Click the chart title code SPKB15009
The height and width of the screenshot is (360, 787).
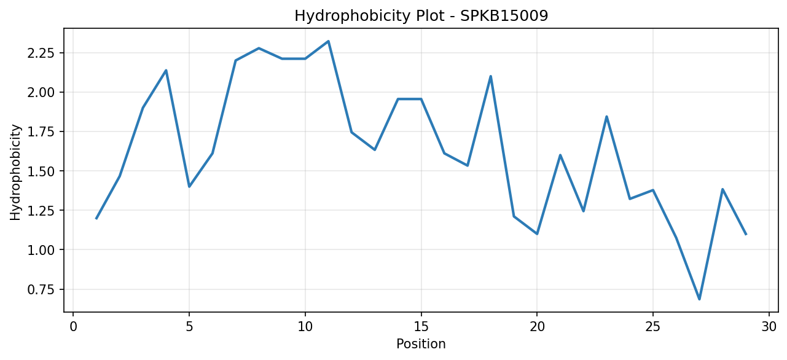pos(504,16)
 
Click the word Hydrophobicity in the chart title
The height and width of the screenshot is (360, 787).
pos(352,17)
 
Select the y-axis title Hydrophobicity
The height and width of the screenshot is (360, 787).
pos(15,173)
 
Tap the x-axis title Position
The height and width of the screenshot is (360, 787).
pos(421,344)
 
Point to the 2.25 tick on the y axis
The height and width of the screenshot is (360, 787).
pos(41,53)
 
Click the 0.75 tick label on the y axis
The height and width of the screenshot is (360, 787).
pos(41,289)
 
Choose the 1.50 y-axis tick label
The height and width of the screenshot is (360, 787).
pos(41,171)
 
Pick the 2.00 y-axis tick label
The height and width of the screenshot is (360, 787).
pos(41,92)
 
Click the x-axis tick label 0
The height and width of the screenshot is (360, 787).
pos(73,327)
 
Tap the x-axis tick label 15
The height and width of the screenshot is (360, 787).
pos(421,327)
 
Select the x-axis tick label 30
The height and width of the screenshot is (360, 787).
pos(769,327)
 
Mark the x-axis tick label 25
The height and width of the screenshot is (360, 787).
pos(653,327)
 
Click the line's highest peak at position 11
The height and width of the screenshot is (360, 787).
pos(328,41)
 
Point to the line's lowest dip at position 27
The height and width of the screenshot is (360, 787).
pos(699,299)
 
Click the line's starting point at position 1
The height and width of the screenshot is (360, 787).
pos(96,219)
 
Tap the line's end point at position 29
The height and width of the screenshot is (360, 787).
pos(746,234)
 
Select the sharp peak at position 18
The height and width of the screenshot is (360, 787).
pos(490,76)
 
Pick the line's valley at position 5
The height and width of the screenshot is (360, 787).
pos(189,187)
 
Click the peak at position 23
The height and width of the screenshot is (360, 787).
pos(606,117)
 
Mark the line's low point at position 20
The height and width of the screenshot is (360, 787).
pos(537,233)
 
